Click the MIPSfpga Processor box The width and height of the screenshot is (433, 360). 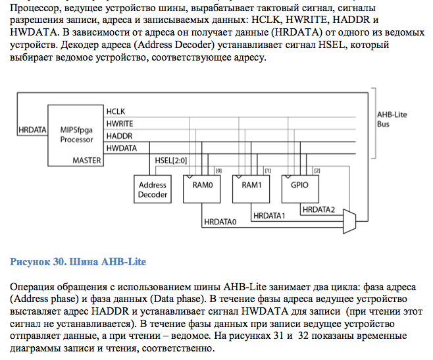pos(76,136)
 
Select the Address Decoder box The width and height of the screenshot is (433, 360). pos(153,190)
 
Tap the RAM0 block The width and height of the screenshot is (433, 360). pos(202,190)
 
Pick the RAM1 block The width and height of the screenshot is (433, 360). pos(251,190)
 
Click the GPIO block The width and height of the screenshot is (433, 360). pos(300,190)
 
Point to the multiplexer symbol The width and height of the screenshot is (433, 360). pos(349,221)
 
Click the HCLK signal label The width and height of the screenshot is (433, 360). pos(116,112)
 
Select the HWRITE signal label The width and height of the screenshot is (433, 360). pos(120,124)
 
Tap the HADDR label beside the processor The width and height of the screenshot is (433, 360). pos(120,136)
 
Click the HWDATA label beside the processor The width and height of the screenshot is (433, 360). pos(122,148)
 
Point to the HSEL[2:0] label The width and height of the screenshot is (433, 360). pos(171,161)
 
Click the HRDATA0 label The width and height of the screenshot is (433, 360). pos(220,222)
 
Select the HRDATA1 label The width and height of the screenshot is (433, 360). pos(269,216)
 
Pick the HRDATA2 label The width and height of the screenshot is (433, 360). pos(318,210)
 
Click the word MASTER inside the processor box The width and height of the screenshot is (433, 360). pos(87,161)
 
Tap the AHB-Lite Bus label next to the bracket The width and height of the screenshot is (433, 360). pos(392,119)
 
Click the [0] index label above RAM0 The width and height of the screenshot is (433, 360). pos(218,170)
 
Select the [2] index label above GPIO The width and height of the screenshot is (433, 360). pos(317,170)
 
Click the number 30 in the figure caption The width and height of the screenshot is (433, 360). pos(59,262)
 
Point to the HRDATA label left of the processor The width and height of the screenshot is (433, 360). pos(32,130)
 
